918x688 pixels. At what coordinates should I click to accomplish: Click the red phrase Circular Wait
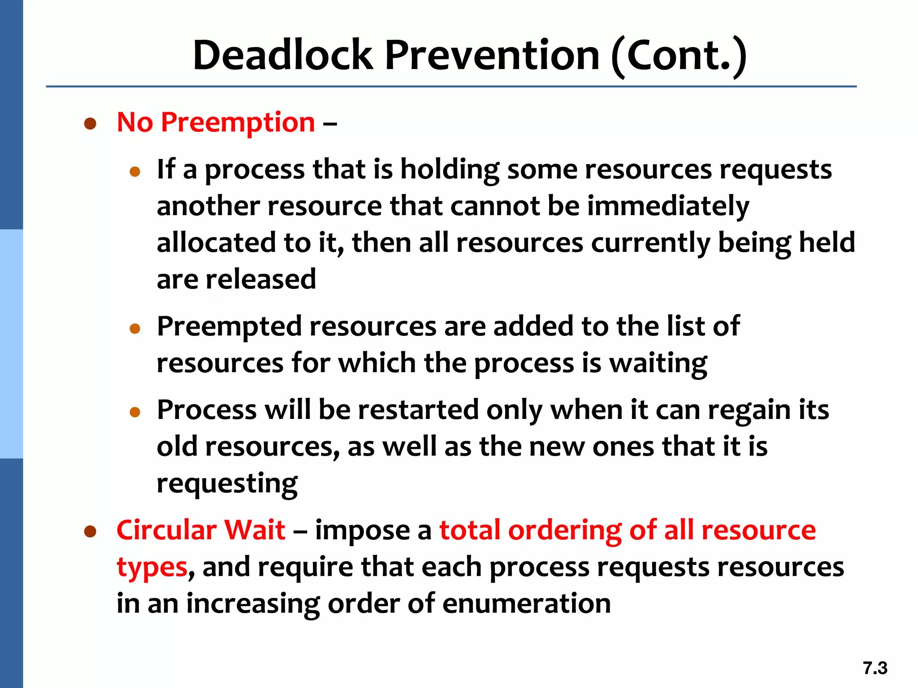click(201, 530)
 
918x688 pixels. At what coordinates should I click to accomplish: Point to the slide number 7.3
click(875, 668)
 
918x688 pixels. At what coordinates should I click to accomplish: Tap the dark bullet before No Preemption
click(91, 124)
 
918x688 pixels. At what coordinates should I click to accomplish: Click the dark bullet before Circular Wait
click(91, 532)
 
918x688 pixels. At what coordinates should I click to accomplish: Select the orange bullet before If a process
click(135, 172)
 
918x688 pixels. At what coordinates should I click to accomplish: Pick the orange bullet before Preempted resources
click(135, 329)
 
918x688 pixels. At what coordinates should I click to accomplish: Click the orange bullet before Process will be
click(135, 412)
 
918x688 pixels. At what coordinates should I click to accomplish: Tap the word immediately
click(668, 206)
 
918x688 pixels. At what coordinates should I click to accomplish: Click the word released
click(261, 279)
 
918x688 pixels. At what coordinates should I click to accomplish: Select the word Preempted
click(229, 326)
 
